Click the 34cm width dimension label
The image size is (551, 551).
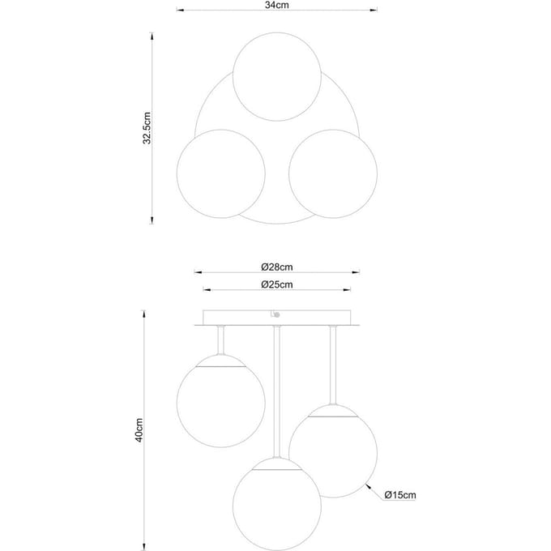[276, 5]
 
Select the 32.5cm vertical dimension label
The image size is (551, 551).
[147, 128]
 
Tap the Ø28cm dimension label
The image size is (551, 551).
[277, 267]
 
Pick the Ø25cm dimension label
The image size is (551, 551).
[277, 284]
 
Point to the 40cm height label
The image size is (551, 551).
[139, 430]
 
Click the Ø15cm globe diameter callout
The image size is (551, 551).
[400, 495]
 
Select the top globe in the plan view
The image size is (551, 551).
[277, 77]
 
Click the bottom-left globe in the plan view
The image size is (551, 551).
[220, 173]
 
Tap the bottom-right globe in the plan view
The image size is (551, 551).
[333, 173]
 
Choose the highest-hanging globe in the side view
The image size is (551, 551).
[220, 401]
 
